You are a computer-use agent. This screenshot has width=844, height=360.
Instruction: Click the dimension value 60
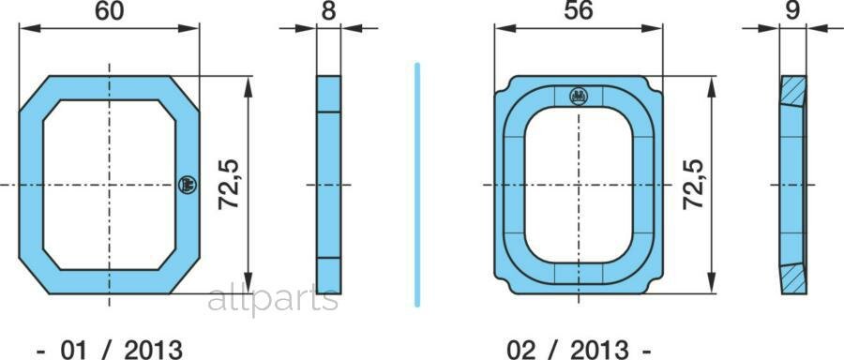click(110, 12)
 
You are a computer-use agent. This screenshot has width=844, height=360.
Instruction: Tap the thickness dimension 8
click(328, 12)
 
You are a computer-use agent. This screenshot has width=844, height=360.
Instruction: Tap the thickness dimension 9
click(792, 12)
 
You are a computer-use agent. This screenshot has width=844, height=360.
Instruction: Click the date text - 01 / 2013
click(110, 349)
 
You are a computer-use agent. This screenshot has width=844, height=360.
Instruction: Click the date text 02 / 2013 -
click(579, 349)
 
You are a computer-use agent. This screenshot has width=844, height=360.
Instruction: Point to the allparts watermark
click(273, 299)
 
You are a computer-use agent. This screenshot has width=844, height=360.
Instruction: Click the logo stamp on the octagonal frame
click(185, 184)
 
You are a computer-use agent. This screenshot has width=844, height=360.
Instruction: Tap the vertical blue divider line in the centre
click(416, 184)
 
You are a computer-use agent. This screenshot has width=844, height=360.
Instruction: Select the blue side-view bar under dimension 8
click(328, 184)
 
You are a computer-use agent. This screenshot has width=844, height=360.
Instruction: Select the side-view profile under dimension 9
click(792, 184)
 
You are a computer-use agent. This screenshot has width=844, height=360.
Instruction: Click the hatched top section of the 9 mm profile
click(793, 92)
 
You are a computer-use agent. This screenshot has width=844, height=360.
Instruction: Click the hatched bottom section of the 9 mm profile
click(793, 277)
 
